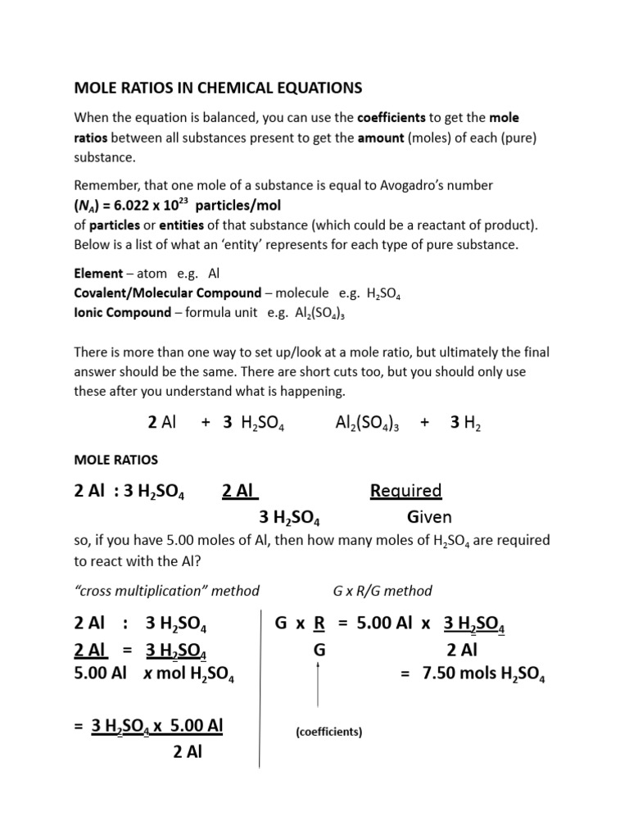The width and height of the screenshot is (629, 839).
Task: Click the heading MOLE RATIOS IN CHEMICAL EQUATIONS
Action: [218, 87]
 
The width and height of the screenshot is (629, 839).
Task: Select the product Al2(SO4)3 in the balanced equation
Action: [366, 423]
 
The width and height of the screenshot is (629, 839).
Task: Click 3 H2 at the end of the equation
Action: [466, 423]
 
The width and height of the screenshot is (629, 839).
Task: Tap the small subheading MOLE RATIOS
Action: [116, 460]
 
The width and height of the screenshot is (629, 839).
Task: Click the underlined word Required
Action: [405, 491]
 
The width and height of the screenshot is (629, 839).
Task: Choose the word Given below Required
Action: [429, 517]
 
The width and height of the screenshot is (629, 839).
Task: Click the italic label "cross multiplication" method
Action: [167, 590]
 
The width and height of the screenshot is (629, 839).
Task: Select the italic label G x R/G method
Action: [382, 590]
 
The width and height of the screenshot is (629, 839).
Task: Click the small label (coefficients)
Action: [328, 732]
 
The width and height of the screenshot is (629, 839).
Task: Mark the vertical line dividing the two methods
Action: [260, 688]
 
